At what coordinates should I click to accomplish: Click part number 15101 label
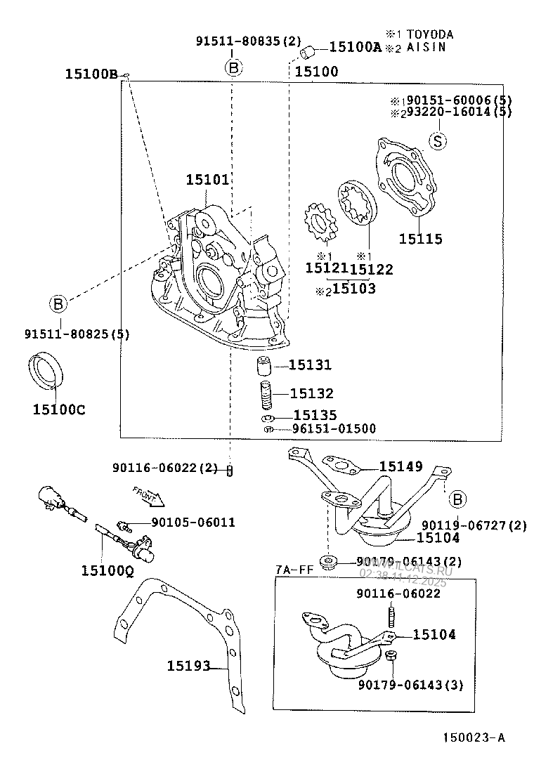207,181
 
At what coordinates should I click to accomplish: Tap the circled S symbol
437,141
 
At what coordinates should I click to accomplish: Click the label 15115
421,239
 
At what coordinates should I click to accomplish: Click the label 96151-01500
334,428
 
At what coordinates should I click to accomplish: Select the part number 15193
188,665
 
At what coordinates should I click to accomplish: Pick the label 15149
400,466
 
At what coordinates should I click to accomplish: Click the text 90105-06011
193,523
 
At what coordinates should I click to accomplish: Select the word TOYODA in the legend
429,34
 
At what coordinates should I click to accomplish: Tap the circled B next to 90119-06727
456,499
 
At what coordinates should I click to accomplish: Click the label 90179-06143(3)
410,684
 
